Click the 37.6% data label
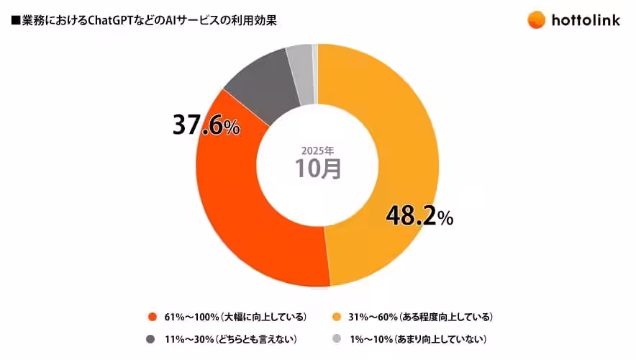pos(206,126)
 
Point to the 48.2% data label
pos(419,216)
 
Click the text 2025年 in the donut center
pos(317,151)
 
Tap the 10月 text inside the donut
pos(317,169)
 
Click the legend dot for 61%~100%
pos(152,317)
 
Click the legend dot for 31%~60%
pos(337,317)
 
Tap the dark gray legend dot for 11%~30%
pos(152,338)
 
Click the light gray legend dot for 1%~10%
pos(337,338)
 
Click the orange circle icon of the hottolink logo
pos(537,19)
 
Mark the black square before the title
pos(15,20)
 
